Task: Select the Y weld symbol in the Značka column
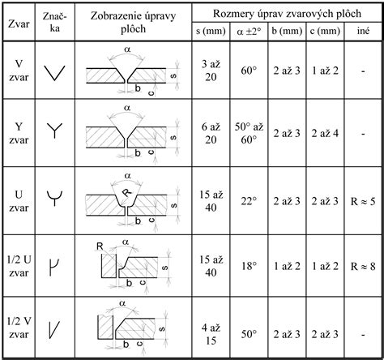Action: [54, 130]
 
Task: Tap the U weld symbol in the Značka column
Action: [54, 199]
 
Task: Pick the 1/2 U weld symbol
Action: [53, 267]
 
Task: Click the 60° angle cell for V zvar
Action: [249, 71]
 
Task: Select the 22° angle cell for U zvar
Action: [249, 201]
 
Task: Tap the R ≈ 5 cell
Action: [363, 201]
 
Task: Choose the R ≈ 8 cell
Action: [363, 267]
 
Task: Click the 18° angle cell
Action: [249, 267]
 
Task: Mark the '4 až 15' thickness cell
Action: [211, 334]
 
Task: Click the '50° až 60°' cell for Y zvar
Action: [249, 134]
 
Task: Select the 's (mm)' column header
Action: [211, 31]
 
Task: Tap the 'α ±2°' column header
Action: [249, 32]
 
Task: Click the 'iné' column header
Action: [363, 31]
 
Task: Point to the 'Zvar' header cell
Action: [19, 24]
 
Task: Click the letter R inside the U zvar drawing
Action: [127, 192]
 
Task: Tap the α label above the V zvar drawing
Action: [127, 49]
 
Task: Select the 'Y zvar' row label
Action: [19, 133]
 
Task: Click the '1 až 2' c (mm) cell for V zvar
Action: [325, 71]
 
